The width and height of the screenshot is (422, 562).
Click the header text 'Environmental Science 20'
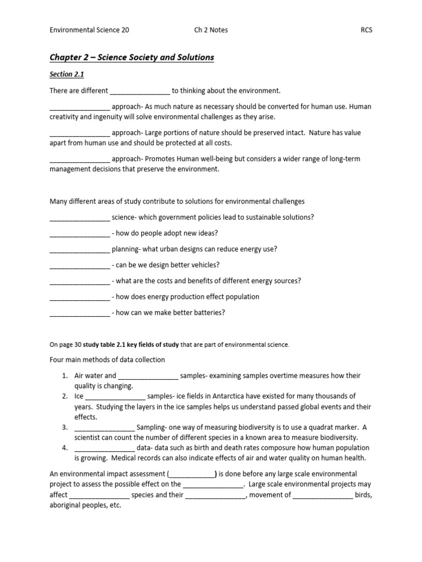90,30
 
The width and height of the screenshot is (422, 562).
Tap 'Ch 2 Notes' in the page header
208,30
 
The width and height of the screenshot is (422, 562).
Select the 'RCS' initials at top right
366,30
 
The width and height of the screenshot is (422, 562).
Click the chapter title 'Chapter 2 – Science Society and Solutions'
132,58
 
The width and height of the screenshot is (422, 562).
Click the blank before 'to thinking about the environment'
140,91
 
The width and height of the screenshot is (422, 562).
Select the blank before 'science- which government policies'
80,217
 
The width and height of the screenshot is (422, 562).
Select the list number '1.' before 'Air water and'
64,376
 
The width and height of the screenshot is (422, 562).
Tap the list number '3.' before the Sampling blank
64,427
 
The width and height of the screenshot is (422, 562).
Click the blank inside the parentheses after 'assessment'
191,474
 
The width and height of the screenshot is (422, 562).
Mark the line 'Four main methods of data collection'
107,360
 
